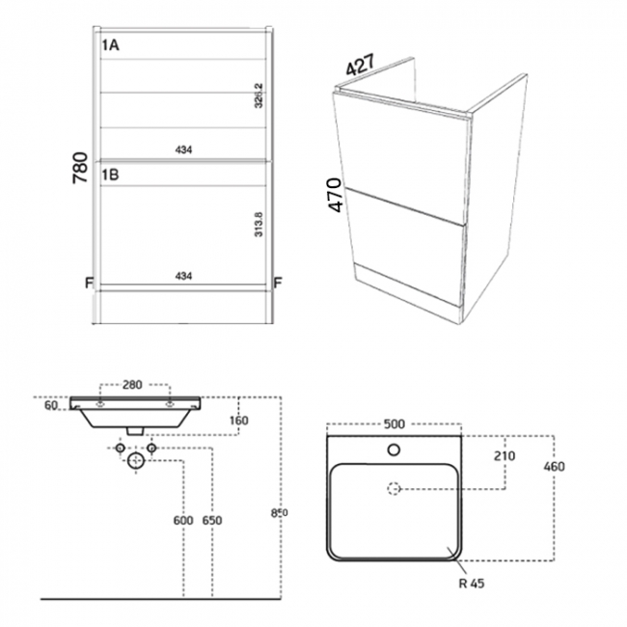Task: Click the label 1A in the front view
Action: pyautogui.click(x=110, y=43)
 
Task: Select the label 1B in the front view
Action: pyautogui.click(x=110, y=175)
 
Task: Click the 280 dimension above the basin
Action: pyautogui.click(x=133, y=385)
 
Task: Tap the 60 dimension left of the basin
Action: pyautogui.click(x=50, y=406)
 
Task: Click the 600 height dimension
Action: pyautogui.click(x=182, y=521)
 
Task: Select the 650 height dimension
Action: pyautogui.click(x=212, y=521)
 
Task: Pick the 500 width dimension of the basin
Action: pyautogui.click(x=393, y=424)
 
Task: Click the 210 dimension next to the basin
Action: pyautogui.click(x=503, y=455)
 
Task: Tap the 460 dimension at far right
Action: pyautogui.click(x=554, y=467)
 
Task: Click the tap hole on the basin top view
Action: pyautogui.click(x=394, y=449)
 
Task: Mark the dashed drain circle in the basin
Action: pyautogui.click(x=394, y=489)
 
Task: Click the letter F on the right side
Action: pyautogui.click(x=277, y=283)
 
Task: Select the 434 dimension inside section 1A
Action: pyautogui.click(x=184, y=150)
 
